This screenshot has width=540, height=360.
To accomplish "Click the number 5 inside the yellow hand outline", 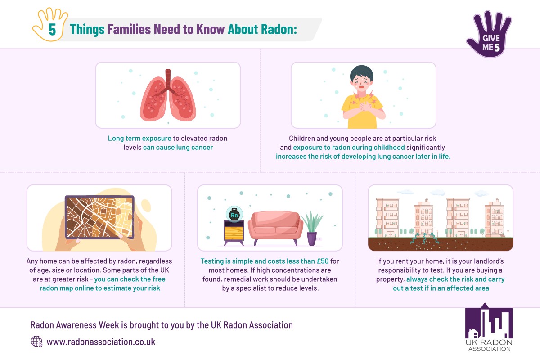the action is [x=52, y=30].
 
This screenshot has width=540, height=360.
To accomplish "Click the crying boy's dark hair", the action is [x=362, y=72].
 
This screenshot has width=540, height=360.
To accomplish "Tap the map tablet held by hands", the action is [x=99, y=217].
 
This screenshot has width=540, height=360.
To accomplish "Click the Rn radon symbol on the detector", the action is [x=234, y=215].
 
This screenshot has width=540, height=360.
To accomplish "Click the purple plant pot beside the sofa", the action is [x=311, y=238].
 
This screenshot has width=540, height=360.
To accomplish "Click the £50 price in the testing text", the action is [x=323, y=261].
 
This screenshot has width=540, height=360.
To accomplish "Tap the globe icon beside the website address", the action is [x=36, y=342].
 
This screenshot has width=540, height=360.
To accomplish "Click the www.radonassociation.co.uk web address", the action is [x=101, y=342].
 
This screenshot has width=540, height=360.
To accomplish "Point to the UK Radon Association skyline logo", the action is [x=489, y=327].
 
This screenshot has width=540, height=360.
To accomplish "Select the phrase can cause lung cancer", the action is [x=178, y=147].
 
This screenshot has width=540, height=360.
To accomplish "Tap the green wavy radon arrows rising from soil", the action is [x=424, y=238].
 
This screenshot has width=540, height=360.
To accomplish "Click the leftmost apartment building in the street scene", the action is [x=387, y=217].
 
